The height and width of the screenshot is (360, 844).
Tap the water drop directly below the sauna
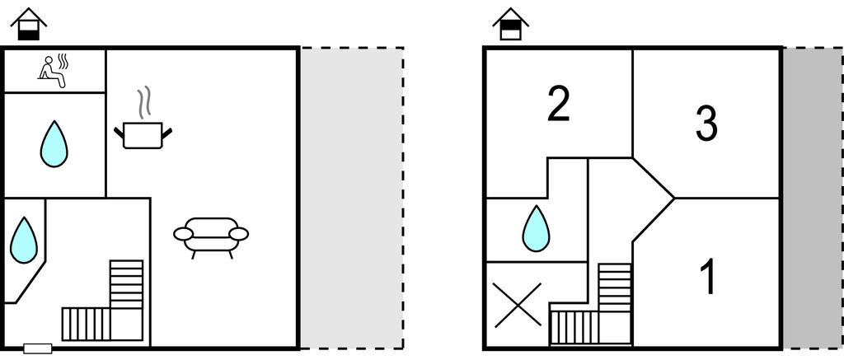point(54,143)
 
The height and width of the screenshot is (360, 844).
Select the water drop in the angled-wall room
point(24,240)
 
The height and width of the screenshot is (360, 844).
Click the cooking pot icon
point(143,134)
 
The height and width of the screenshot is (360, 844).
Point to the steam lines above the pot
point(145,102)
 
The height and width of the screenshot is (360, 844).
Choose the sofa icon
point(211,236)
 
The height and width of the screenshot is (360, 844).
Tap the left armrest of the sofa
point(183,234)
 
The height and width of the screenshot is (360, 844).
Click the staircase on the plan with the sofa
point(107,305)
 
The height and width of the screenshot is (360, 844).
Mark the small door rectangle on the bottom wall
point(38,348)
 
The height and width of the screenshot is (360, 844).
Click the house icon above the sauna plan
point(28,24)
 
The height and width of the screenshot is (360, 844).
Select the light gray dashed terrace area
point(351,198)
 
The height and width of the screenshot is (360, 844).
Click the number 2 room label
point(559,105)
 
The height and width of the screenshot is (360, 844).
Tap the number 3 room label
point(706,123)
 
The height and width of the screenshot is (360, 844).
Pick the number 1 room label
point(707,278)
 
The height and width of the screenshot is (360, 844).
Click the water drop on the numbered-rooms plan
point(536,228)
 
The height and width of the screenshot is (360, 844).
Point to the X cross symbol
point(517,305)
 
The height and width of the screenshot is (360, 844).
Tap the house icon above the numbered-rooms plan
point(511,24)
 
